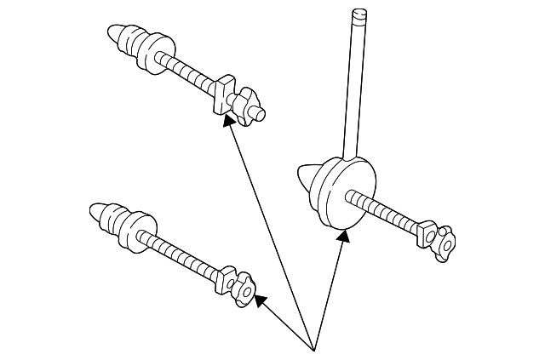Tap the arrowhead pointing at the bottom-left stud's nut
(x=259, y=300)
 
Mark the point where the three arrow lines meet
(x=314, y=348)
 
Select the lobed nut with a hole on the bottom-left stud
(x=244, y=289)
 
